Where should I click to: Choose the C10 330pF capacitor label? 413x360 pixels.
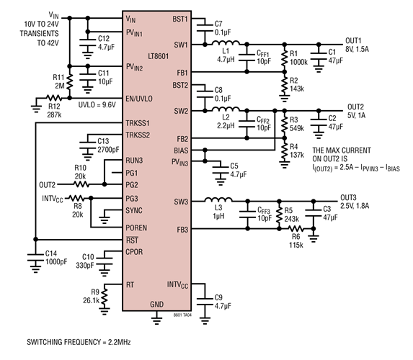coord(88,260)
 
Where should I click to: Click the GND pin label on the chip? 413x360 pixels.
coord(156,305)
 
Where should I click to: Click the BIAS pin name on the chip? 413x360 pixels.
coord(180,150)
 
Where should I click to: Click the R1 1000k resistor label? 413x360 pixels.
coord(298,57)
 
